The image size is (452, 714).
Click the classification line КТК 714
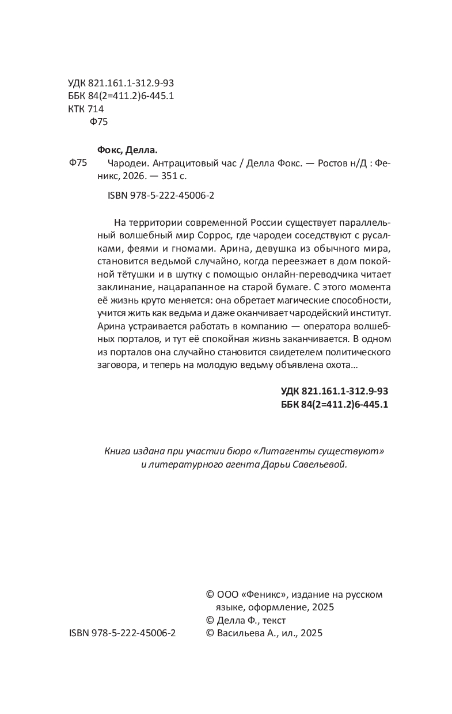click(x=86, y=109)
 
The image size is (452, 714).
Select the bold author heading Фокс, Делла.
click(x=127, y=149)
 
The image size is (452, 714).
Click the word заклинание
click(x=123, y=288)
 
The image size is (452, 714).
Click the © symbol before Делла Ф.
click(x=210, y=621)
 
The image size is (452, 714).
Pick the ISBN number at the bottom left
click(x=122, y=633)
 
